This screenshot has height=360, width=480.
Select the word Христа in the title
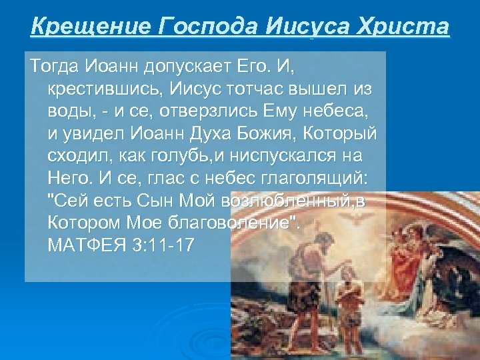click(403, 27)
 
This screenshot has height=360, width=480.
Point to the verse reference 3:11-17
click(163, 245)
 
